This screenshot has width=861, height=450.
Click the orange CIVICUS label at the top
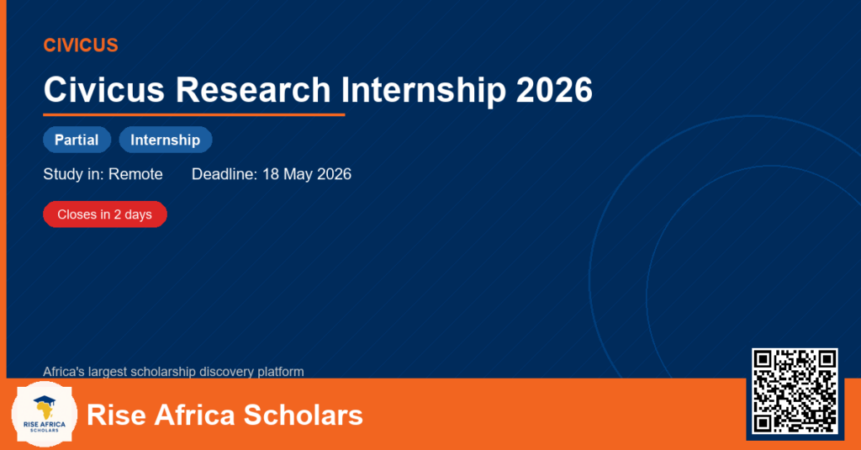point(81,45)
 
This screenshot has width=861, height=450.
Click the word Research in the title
point(253,89)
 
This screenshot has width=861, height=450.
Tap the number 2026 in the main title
point(554,89)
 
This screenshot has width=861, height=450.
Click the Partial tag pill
point(77,140)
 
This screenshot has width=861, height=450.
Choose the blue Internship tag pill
point(166,140)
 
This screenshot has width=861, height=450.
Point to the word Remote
point(135,174)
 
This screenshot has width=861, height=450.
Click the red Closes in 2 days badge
point(105,214)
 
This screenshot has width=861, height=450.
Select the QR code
point(795,390)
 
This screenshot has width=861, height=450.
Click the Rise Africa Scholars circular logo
point(45,415)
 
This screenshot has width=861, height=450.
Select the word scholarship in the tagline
point(164,372)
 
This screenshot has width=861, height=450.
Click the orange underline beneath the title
point(194,115)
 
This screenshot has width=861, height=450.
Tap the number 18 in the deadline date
point(271,174)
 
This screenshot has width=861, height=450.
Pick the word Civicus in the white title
point(104,89)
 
